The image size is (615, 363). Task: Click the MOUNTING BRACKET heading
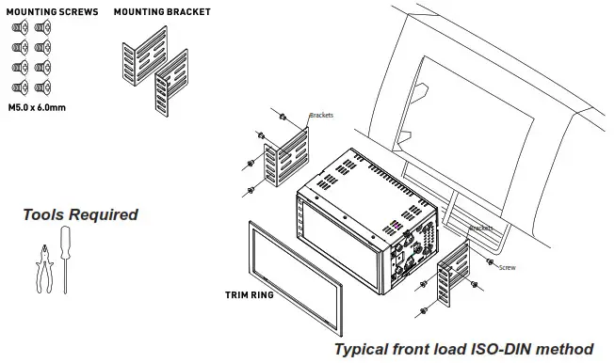[162, 12]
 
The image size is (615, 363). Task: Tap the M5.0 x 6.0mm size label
[39, 107]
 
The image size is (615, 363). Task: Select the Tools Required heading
[80, 214]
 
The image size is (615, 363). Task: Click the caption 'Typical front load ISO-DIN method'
[464, 349]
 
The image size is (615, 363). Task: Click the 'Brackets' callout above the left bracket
[321, 116]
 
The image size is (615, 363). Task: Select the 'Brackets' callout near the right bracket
[480, 228]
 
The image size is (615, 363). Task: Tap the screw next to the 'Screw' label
[491, 260]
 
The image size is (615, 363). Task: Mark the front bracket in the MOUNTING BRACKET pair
[170, 85]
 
